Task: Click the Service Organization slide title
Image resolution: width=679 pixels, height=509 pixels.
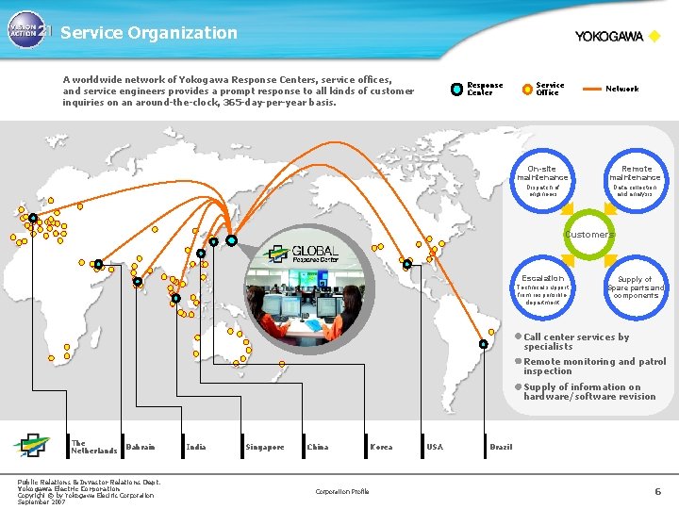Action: (x=149, y=33)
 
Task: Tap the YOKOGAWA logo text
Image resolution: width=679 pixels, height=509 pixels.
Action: (x=609, y=37)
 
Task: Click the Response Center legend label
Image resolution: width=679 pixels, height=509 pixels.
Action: (x=485, y=89)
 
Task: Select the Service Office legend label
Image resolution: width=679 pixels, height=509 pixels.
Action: (x=550, y=89)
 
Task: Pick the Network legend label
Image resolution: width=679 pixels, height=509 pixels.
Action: (x=621, y=89)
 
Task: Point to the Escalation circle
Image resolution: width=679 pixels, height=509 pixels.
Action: (x=542, y=287)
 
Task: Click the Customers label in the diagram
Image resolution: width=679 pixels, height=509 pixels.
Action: (x=589, y=234)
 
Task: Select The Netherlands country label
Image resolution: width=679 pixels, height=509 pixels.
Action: (x=93, y=447)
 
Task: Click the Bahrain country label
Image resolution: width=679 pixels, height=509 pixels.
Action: (x=140, y=446)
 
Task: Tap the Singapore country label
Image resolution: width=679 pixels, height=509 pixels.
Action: (x=264, y=447)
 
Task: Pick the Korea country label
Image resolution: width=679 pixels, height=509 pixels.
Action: (x=381, y=447)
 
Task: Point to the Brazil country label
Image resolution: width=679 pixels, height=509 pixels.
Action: (x=501, y=447)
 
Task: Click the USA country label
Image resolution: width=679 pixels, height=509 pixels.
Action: (x=434, y=447)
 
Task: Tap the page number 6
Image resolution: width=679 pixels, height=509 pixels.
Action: (x=658, y=491)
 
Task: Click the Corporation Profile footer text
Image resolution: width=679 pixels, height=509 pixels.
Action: (x=342, y=491)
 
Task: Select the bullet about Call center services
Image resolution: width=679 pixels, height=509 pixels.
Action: (x=576, y=341)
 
